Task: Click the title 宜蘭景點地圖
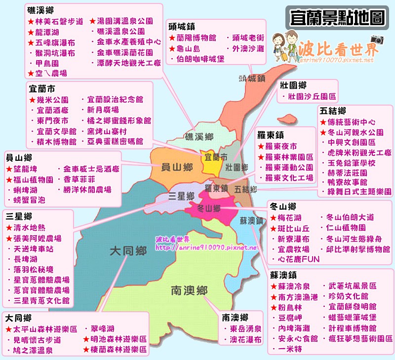337,19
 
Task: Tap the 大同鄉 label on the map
128,252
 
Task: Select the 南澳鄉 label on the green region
189,289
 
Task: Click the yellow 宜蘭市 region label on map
216,157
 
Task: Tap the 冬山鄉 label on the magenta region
208,209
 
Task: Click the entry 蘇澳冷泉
294,286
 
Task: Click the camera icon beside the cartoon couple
377,39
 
